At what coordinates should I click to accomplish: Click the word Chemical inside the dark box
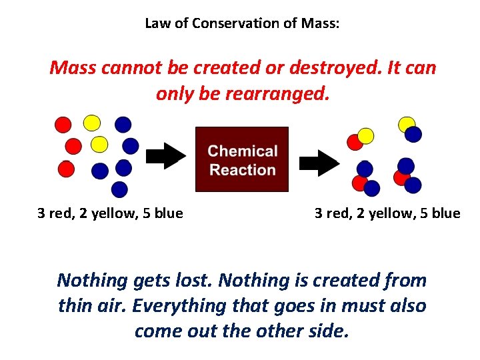[x=243, y=151]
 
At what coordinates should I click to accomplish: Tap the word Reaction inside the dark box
[x=243, y=169]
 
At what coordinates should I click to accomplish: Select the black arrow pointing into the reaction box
[x=166, y=157]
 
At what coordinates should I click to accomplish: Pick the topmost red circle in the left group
[x=63, y=125]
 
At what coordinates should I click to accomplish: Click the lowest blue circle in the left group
[x=119, y=189]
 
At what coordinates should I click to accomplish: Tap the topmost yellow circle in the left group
[x=92, y=123]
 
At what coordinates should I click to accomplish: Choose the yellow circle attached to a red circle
[x=366, y=136]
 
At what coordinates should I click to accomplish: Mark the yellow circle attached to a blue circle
[x=406, y=124]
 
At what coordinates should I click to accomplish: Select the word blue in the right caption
[x=445, y=213]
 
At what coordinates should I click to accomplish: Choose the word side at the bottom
[x=331, y=331]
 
